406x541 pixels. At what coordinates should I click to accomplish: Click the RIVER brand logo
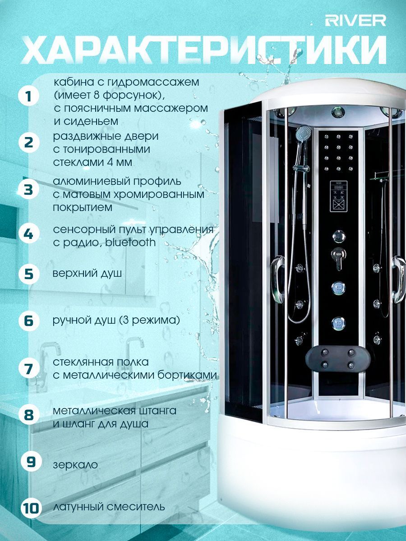(x=355, y=21)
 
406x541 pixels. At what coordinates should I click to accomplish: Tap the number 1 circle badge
(x=29, y=96)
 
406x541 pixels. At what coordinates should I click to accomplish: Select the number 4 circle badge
(x=29, y=234)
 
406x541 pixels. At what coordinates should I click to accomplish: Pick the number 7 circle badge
(x=29, y=369)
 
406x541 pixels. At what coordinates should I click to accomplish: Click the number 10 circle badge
(x=31, y=508)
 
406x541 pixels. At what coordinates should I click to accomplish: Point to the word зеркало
(x=75, y=465)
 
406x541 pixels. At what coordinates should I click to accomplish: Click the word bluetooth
(x=130, y=242)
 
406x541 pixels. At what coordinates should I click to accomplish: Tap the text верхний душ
(x=87, y=274)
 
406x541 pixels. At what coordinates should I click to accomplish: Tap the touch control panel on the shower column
(x=339, y=196)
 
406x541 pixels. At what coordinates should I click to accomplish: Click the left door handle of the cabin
(x=277, y=280)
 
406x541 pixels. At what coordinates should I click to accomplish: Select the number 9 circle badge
(x=31, y=461)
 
